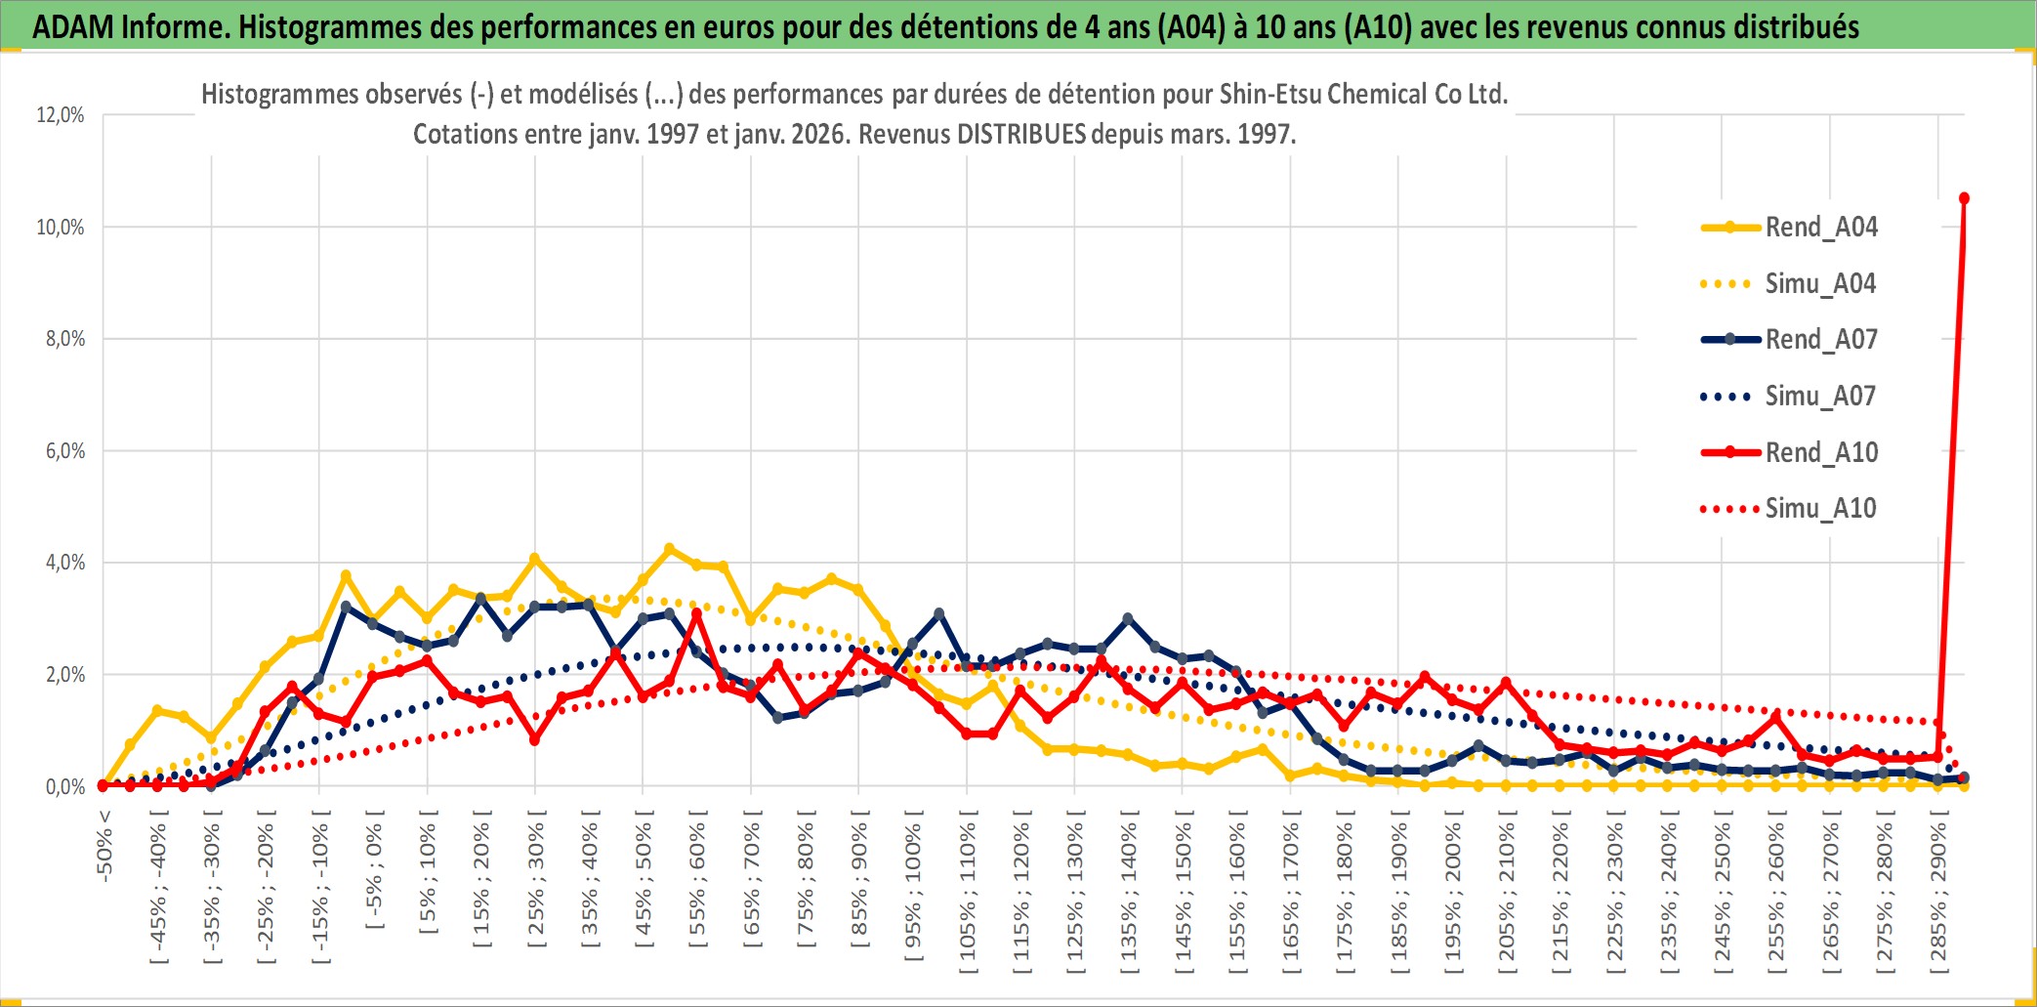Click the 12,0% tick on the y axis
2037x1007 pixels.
(x=61, y=115)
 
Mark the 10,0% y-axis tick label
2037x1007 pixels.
(x=61, y=228)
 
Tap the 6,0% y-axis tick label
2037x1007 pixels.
(x=65, y=451)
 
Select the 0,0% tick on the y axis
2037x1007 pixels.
(x=65, y=787)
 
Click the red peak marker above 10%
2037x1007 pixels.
(x=1964, y=198)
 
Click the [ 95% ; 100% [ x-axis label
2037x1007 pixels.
(x=913, y=894)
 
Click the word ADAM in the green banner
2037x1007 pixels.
(x=73, y=26)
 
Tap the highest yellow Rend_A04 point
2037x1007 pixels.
(x=669, y=549)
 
